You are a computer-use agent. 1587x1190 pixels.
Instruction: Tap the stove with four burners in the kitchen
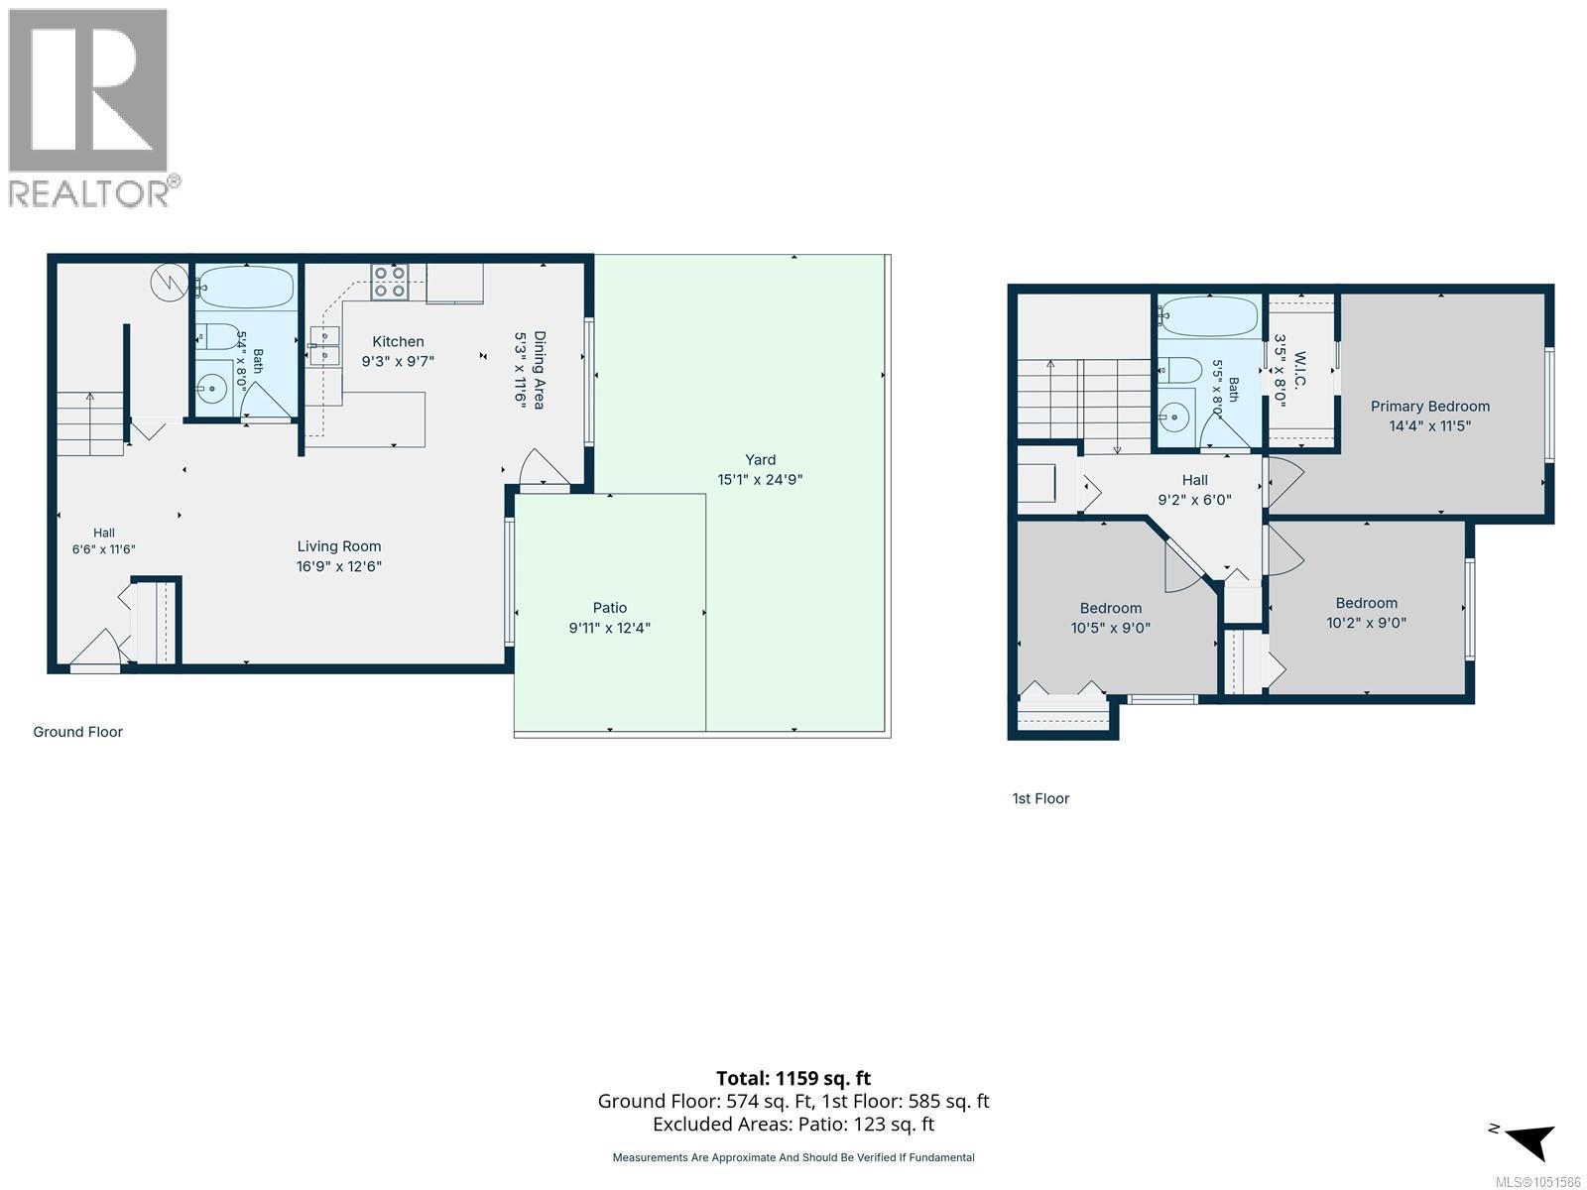[389, 282]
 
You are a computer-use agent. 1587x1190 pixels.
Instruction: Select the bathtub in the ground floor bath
[247, 288]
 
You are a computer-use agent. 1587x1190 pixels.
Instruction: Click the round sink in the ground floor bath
[212, 389]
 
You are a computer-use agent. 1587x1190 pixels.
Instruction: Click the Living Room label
[339, 546]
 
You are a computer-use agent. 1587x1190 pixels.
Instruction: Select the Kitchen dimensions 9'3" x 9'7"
[398, 361]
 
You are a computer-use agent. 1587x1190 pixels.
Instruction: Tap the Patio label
[609, 608]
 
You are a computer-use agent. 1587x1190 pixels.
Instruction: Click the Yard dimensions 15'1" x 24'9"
[760, 479]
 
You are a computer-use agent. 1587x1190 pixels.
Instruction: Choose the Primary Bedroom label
[1430, 406]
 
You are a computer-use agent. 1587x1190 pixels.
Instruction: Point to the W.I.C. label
[1300, 371]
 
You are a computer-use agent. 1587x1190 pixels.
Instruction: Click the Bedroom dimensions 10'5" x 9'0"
[1111, 628]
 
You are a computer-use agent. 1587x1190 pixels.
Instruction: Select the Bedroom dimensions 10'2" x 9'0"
[1367, 622]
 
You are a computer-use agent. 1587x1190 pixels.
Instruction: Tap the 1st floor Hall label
[1195, 480]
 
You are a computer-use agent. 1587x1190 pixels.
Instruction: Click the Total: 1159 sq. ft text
[793, 1078]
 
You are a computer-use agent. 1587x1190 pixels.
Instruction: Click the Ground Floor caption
[78, 732]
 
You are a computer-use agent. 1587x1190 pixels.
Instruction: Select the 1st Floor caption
[1040, 798]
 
